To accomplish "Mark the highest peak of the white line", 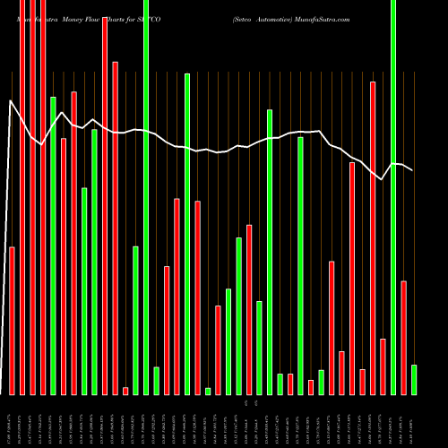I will (x=11, y=101).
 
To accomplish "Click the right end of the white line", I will (x=412, y=170).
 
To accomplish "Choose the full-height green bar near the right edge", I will (x=393, y=197).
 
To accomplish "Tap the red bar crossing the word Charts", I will (x=105, y=205).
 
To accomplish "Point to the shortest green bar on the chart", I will (x=208, y=391).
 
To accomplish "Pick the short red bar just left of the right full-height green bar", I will (x=383, y=366).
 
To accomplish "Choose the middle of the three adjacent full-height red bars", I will (x=32, y=197).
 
